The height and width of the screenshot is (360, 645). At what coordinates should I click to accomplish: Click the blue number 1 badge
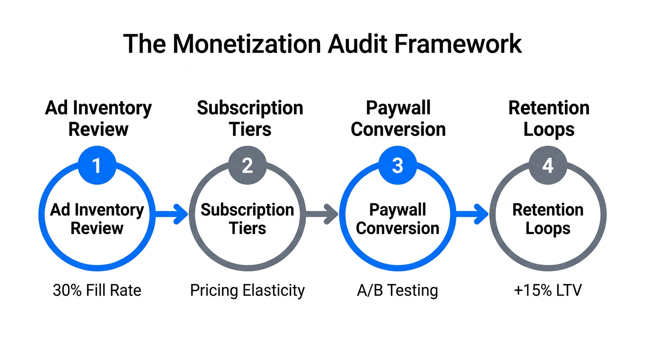coord(97,166)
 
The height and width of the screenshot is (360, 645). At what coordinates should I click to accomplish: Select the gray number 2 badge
coord(247,166)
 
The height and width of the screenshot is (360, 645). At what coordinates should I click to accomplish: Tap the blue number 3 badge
coord(397,166)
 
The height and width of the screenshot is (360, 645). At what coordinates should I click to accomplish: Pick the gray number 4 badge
coord(547,166)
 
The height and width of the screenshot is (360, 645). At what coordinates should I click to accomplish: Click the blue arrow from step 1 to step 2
coord(172,215)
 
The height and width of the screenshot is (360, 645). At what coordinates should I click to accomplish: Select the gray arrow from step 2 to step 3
coord(322,215)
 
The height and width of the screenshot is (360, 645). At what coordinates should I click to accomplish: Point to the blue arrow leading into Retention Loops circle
coord(472,215)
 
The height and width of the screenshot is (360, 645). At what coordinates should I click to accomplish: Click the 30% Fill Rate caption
coord(97,291)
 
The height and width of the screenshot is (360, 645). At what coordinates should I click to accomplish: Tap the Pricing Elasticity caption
coord(247,291)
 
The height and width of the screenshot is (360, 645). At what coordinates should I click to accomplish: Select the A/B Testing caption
coord(397,291)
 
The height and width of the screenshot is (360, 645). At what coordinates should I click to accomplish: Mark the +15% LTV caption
coord(547,291)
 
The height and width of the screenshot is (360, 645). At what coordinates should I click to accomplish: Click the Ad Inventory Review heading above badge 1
coord(98,118)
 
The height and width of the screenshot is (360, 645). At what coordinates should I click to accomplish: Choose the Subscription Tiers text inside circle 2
coord(247,219)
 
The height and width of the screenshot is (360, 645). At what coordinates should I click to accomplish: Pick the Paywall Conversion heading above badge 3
coord(398,118)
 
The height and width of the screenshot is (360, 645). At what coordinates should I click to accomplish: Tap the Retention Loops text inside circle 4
coord(547,219)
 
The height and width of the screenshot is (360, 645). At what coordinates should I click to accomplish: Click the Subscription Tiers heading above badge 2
coord(250,118)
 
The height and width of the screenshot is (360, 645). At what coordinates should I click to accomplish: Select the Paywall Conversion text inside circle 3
coord(397,219)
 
